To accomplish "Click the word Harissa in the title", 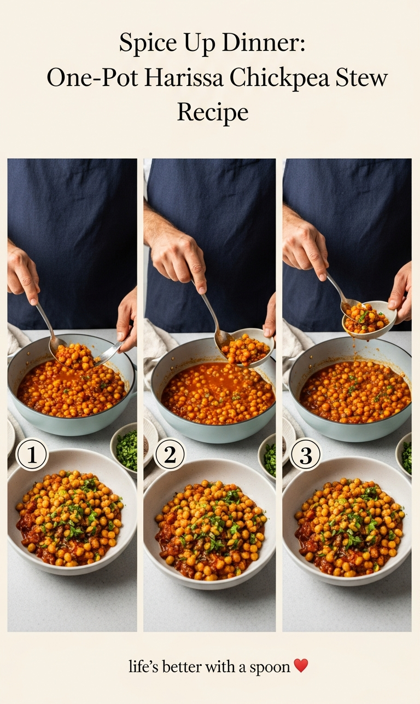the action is pos(184,78).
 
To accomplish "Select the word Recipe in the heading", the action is pos(213,113).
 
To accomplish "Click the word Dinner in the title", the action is pos(264,43).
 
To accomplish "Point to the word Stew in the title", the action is pos(361,78).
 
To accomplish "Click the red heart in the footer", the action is pos(301,666).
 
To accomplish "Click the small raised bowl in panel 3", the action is pos(369,320).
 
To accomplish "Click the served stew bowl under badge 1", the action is pos(72,512).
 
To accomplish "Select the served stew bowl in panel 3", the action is pos(347,521).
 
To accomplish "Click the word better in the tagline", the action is pos(182,666).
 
